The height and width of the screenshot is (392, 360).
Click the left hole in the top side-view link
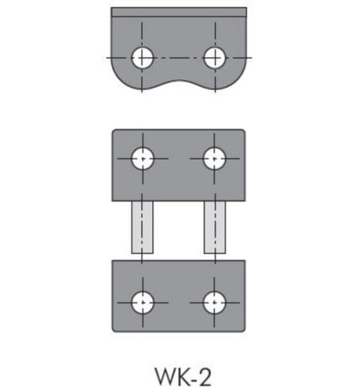[x=143, y=57]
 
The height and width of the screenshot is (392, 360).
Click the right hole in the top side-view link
[x=213, y=57]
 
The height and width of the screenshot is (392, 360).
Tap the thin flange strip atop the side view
[x=178, y=12]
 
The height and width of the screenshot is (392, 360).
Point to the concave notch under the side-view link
[x=178, y=86]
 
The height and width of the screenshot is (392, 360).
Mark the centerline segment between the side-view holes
[x=178, y=57]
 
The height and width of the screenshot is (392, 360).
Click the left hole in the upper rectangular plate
[x=143, y=158]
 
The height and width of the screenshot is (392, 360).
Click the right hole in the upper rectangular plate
[x=213, y=158]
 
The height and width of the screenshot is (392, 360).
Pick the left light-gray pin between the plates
[x=143, y=227]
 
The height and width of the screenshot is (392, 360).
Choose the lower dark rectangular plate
[x=178, y=279]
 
